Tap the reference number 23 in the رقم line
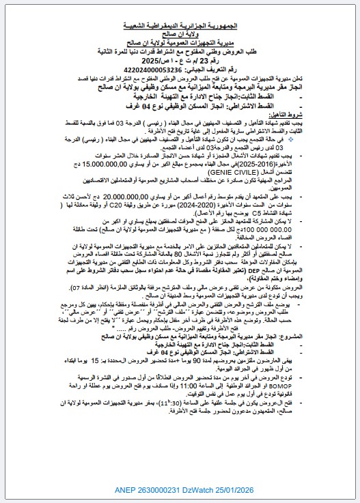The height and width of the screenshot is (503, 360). coord(218,61)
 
